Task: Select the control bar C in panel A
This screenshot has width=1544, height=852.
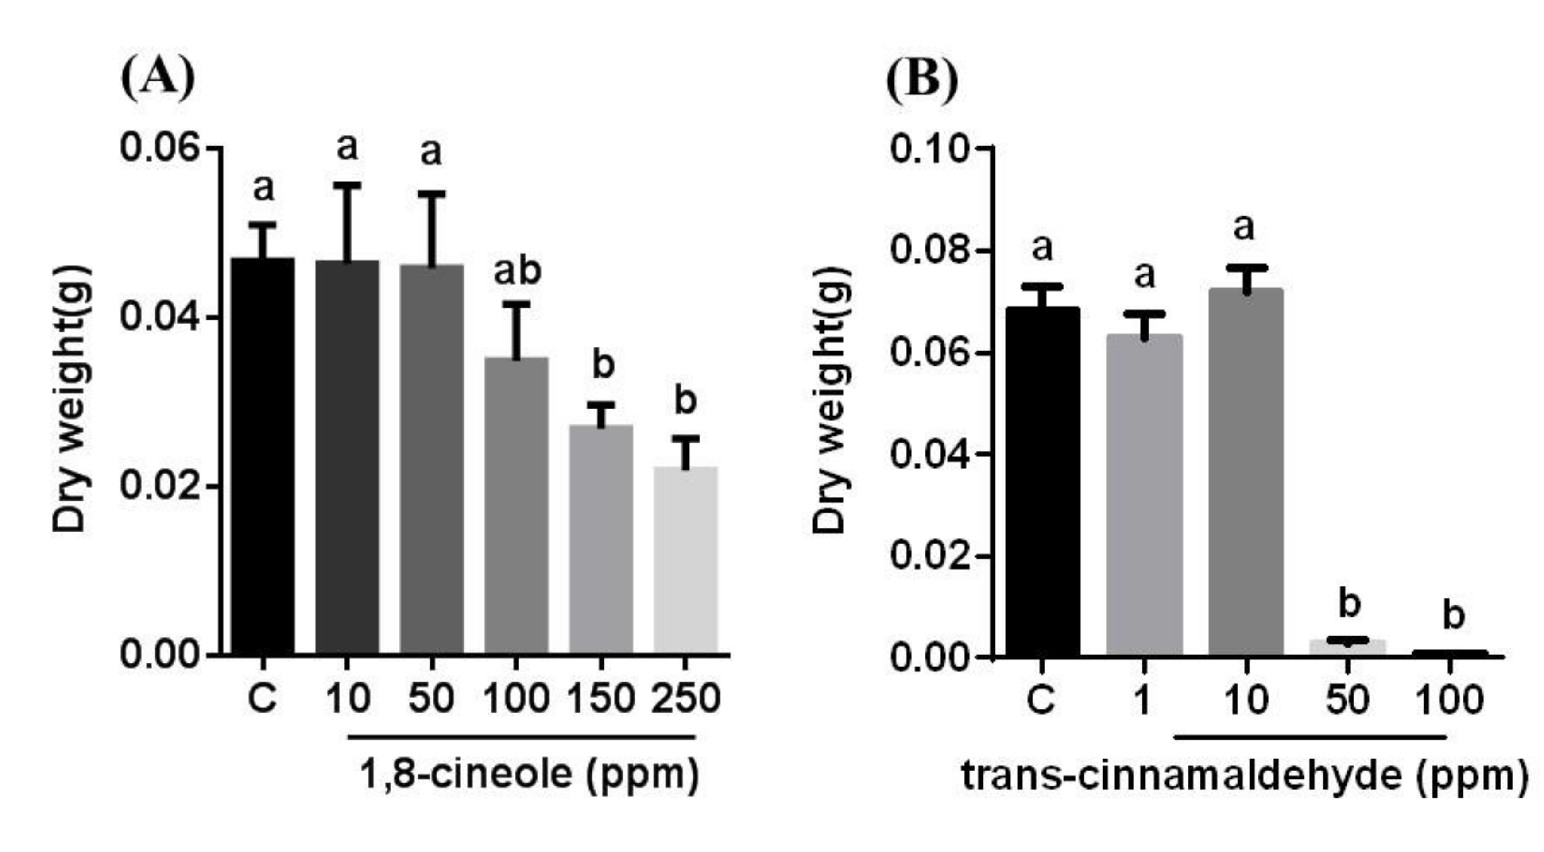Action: click(x=263, y=455)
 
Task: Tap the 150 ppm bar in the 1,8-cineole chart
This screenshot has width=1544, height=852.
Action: click(x=600, y=539)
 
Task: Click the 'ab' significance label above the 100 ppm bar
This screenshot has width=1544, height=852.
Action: click(x=517, y=271)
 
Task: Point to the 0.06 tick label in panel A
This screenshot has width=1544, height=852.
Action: click(x=159, y=147)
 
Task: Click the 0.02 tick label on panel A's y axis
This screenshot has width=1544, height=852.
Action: click(x=159, y=486)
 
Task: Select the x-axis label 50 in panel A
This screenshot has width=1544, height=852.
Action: click(x=431, y=698)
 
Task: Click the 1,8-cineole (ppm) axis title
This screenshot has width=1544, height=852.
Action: click(x=529, y=774)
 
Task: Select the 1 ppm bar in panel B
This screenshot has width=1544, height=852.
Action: click(x=1144, y=494)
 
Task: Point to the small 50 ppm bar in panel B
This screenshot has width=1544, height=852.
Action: click(x=1348, y=648)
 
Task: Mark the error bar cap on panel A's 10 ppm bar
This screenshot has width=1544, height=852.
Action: click(x=347, y=186)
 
